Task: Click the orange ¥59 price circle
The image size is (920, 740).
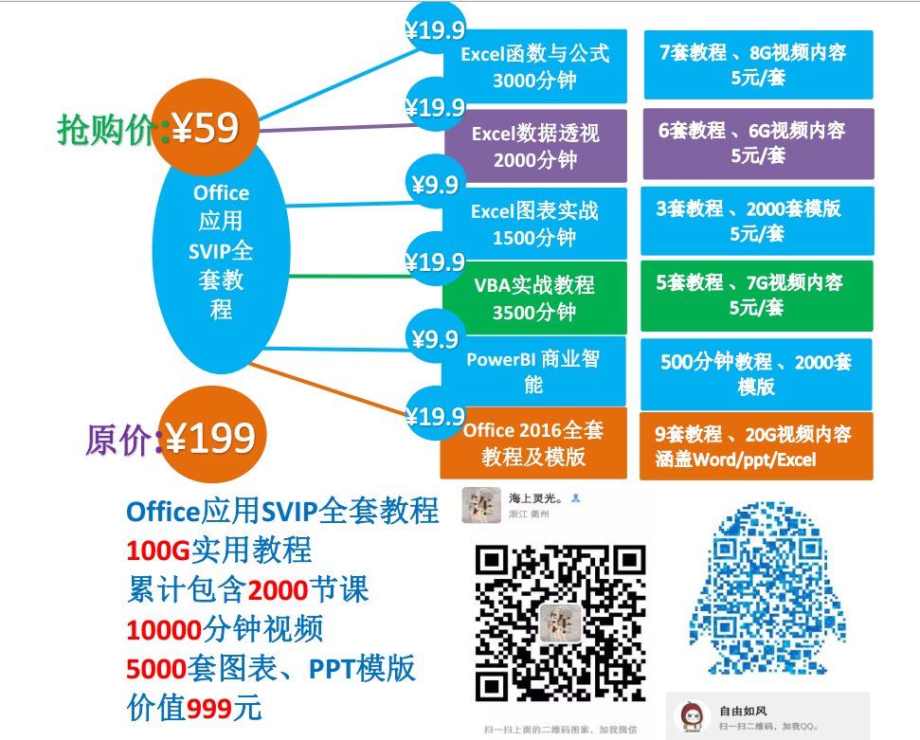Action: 204,127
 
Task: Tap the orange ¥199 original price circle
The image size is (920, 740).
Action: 210,437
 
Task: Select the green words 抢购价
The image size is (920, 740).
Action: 104,129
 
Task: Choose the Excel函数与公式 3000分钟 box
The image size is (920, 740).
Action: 535,65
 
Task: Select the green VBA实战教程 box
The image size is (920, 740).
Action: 535,297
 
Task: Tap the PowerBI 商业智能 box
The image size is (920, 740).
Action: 534,371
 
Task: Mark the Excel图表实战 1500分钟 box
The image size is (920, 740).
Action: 535,223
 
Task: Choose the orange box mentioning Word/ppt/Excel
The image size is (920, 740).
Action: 754,446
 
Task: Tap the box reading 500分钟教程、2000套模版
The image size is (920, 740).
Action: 756,373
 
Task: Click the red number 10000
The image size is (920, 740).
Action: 164,628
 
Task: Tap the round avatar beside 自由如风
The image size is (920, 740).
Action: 692,717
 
